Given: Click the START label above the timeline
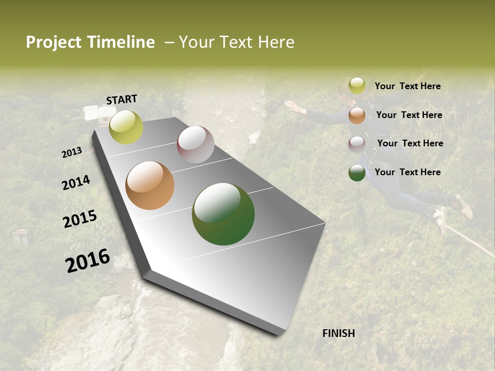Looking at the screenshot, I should coord(122,99).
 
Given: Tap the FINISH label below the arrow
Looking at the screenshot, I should coord(338,333).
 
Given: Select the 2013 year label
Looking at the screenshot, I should coord(72,153).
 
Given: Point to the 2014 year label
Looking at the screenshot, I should coord(76,183).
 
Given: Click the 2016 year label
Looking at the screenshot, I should coord(88,261).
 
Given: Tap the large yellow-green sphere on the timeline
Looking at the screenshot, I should coord(126,127).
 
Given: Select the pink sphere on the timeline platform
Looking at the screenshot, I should coord(195,144).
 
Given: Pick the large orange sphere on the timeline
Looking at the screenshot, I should coord(150,185).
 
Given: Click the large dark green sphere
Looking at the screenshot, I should coord(223,214).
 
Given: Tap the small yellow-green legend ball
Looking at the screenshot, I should coord(357,86).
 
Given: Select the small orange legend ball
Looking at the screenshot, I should coord(357,115).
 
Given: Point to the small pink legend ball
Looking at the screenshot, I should coord(357,144).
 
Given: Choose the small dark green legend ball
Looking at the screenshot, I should coord(357,173).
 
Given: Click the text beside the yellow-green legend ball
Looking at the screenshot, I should coord(407,86).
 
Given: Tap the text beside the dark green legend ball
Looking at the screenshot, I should coord(407,172).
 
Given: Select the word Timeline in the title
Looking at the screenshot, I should coord(121,42).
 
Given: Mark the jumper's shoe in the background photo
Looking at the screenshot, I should coord(464,207).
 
